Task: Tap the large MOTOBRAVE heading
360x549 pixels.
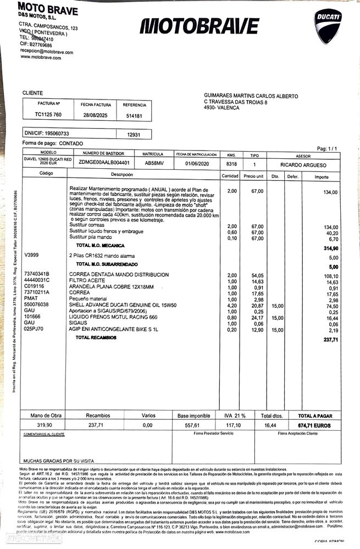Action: tap(199, 26)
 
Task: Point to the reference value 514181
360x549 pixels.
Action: tap(134, 116)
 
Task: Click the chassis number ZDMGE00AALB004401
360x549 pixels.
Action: tap(104, 163)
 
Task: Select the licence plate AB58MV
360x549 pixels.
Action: tap(153, 163)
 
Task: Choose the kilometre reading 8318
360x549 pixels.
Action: tap(231, 164)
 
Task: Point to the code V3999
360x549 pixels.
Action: tap(32, 256)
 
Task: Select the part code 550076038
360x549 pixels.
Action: tap(36, 304)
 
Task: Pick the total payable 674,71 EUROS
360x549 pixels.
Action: tap(315, 425)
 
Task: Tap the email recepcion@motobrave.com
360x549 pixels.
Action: tap(46, 52)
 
